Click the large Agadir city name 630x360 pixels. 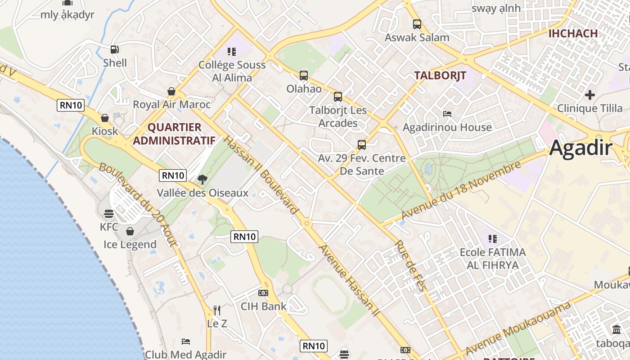[x=581, y=148]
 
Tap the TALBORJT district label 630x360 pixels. [x=440, y=75]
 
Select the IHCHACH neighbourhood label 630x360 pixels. [x=573, y=33]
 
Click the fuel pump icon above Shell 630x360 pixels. [x=115, y=49]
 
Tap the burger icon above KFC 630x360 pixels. [x=108, y=213]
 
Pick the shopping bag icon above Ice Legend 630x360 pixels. [x=130, y=231]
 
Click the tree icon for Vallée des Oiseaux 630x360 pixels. [x=202, y=180]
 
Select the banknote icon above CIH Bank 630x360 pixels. [x=263, y=293]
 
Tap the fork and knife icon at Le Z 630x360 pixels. [x=217, y=310]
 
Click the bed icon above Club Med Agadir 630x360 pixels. [x=186, y=341]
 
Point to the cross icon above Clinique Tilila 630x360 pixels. [x=590, y=95]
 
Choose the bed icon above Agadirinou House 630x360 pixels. [x=447, y=113]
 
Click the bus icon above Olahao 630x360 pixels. [x=304, y=75]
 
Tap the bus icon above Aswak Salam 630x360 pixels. [x=417, y=24]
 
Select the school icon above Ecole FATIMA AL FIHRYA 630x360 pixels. [x=493, y=238]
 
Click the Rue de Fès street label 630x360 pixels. [x=410, y=265]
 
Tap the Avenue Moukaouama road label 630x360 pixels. [x=518, y=328]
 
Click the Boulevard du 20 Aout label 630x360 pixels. [x=139, y=205]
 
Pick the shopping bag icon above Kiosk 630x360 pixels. [x=105, y=118]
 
